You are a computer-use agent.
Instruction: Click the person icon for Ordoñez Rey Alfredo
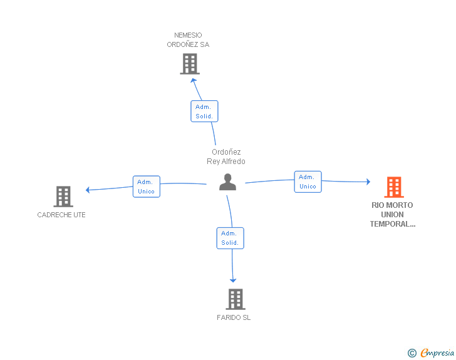point(228,182)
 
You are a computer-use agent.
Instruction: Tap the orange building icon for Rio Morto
point(394,187)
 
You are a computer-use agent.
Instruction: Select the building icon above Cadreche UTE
point(63,197)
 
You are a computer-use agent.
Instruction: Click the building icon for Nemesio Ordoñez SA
point(190,64)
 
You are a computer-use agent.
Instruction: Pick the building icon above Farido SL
point(236,299)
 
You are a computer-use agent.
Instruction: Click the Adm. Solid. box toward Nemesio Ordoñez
point(204,111)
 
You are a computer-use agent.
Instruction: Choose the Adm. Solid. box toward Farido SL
point(231,238)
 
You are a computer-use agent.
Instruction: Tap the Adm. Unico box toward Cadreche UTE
point(147,187)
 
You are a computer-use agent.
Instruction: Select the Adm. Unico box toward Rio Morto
point(308,182)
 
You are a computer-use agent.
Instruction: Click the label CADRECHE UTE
point(61,215)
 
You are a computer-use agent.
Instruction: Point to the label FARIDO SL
point(234,317)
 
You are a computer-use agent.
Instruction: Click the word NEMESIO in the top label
point(188,35)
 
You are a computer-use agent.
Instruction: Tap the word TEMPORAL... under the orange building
point(393,224)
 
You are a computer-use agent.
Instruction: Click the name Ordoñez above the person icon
point(226,152)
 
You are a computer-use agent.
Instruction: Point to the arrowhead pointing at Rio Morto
point(368,182)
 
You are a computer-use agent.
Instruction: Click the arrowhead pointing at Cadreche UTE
point(88,190)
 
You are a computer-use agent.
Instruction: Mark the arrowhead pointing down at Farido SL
point(233,280)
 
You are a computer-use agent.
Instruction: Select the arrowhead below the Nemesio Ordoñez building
point(194,80)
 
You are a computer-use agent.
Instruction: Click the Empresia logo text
point(437,352)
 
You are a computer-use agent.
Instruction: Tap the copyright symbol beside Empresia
point(412,353)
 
